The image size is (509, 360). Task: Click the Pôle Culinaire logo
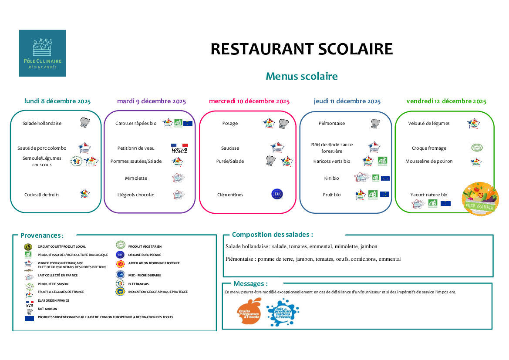[x=42, y=53]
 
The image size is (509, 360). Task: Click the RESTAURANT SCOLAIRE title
[x=301, y=49]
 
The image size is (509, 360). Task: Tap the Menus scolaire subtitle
[x=301, y=76]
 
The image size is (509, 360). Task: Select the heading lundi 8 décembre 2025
[x=57, y=101]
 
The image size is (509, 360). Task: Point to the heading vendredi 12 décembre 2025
[x=446, y=101]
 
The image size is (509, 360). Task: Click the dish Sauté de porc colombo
[x=42, y=148]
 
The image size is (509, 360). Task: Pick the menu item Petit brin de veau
[x=136, y=148]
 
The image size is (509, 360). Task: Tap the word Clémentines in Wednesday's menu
[x=230, y=195]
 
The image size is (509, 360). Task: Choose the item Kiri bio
[x=331, y=178]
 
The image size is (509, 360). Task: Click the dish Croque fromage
[x=429, y=148]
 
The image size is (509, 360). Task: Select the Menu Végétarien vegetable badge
[x=480, y=198]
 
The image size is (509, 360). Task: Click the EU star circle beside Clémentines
[x=277, y=194]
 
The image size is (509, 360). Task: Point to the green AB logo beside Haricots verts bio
[x=382, y=161]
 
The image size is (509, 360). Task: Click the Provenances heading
[x=41, y=236]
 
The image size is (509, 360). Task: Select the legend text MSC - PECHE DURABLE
[x=145, y=275]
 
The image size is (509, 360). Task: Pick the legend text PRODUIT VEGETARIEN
[x=145, y=246]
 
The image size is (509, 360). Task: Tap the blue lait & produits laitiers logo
[x=282, y=312]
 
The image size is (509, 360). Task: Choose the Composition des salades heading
[x=272, y=235]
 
